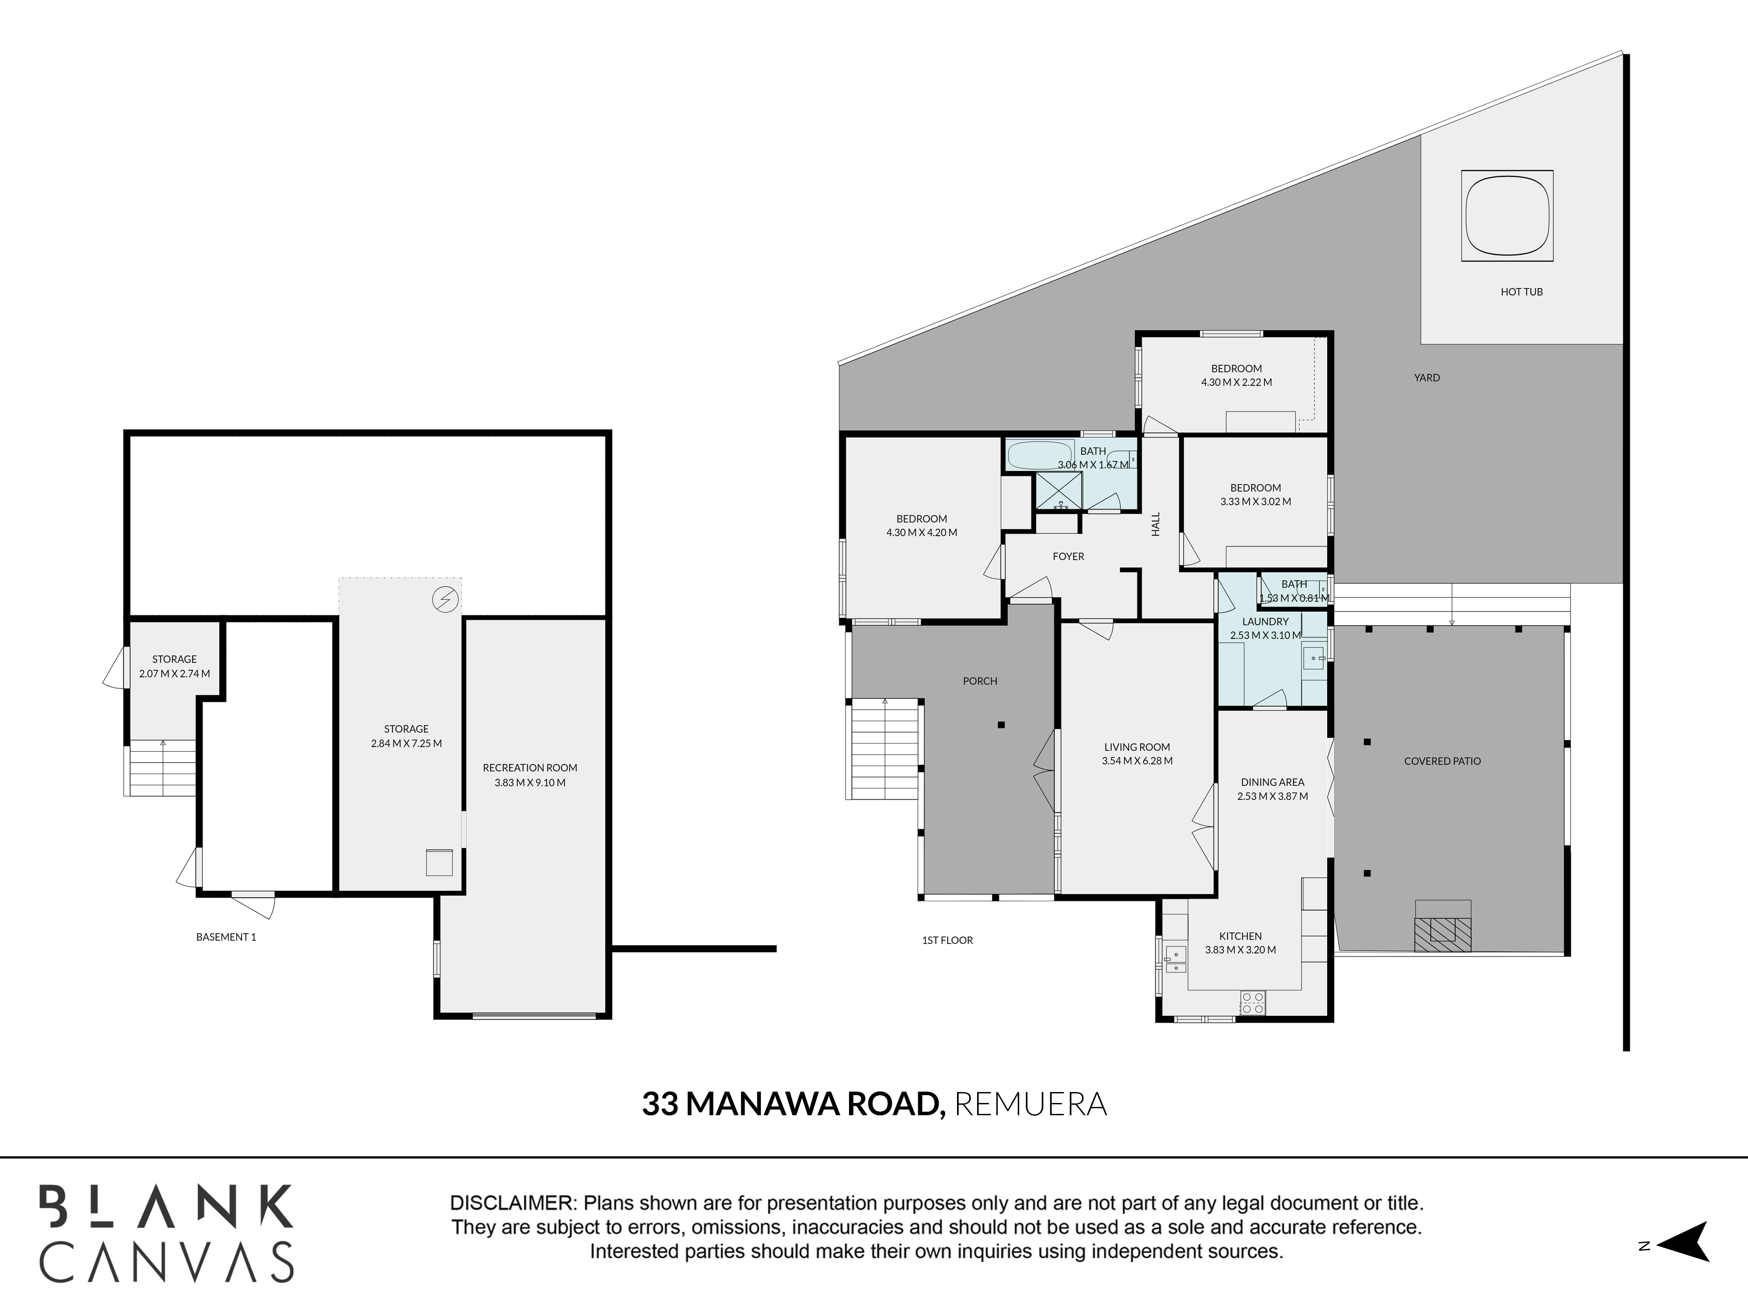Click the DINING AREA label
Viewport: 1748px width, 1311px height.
click(1272, 782)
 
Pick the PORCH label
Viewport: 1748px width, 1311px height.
click(980, 681)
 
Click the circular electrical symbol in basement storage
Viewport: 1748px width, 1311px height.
click(445, 600)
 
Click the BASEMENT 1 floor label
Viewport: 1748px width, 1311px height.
click(226, 937)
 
